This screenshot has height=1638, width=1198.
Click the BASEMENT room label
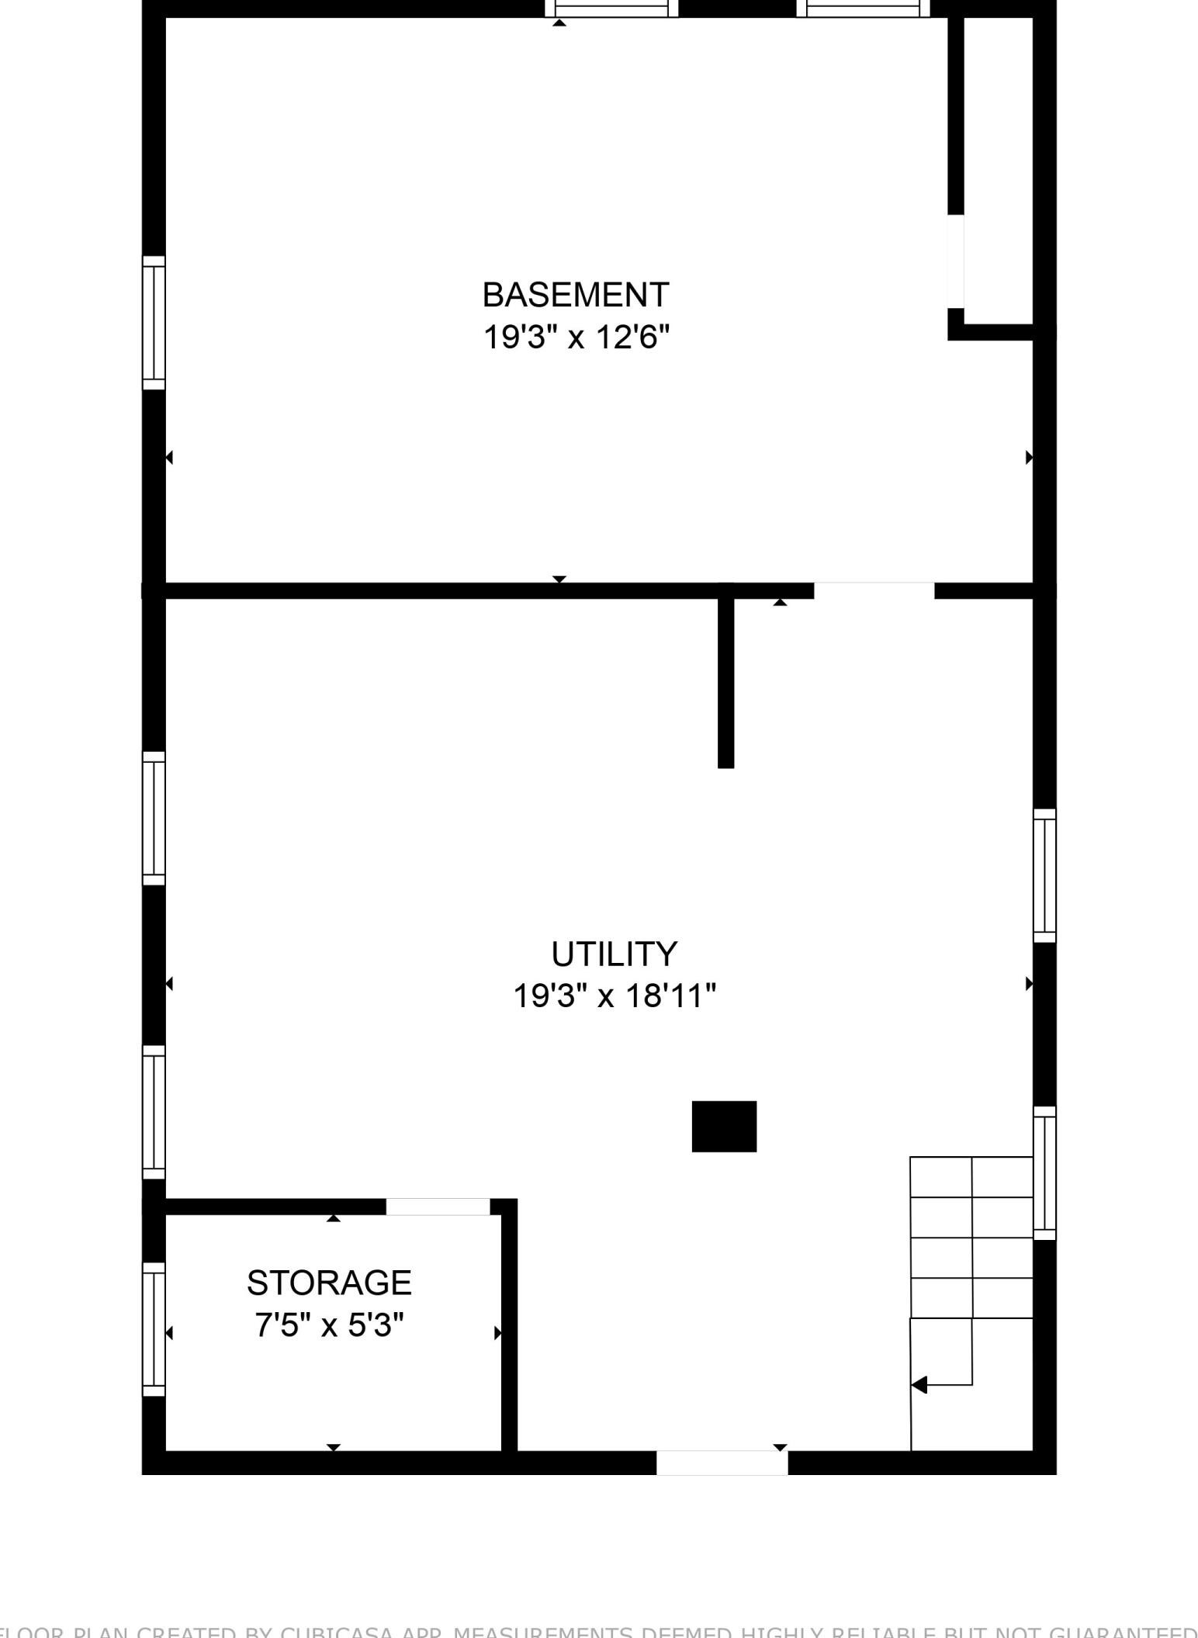coord(575,295)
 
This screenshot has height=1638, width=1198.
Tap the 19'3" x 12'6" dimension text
coord(575,338)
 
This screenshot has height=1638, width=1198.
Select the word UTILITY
coord(614,954)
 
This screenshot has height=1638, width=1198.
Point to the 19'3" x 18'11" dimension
coord(614,996)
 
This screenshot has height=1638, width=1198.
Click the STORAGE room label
coord(329,1283)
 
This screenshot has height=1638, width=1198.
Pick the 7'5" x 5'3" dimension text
coord(329,1325)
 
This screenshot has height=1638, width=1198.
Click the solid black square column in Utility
coord(724,1126)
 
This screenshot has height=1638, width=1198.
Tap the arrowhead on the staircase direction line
coord(919,1384)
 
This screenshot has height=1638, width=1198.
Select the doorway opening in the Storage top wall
coord(438,1207)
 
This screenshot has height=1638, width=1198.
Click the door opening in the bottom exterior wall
coord(722,1463)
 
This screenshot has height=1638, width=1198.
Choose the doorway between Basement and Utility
coord(873,590)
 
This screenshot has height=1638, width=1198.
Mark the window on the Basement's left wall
coord(154,323)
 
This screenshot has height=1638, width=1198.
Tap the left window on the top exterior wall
coord(611,9)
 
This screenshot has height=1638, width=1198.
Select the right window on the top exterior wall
coord(862,9)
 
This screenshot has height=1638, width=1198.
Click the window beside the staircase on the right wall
coord(1044,1172)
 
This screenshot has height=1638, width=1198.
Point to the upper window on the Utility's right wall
coord(1044,875)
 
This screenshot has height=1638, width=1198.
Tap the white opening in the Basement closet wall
coord(956,261)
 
